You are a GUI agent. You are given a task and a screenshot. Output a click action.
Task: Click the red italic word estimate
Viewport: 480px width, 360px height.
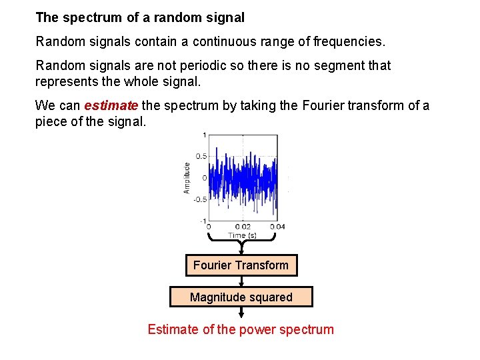111,105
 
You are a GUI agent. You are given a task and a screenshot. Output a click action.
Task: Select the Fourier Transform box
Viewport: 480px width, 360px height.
241,265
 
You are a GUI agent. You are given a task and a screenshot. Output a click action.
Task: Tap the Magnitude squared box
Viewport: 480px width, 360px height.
241,297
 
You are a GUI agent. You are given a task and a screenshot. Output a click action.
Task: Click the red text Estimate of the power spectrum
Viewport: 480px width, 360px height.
241,329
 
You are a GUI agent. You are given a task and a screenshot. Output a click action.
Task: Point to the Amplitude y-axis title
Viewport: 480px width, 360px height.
187,178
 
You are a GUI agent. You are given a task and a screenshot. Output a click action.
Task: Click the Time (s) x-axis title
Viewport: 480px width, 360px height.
241,235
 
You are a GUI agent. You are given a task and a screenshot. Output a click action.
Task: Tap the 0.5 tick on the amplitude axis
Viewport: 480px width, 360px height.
200,157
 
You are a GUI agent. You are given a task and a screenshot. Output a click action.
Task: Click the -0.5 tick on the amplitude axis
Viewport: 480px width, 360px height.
199,199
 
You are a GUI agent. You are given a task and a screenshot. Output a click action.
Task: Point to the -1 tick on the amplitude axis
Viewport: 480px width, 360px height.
202,221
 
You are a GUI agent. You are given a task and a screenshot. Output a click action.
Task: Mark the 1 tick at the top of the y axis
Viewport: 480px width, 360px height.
204,135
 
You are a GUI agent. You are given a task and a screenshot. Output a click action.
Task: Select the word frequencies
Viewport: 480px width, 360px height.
349,42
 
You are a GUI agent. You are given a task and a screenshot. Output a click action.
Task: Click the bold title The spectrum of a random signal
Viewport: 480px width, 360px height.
140,17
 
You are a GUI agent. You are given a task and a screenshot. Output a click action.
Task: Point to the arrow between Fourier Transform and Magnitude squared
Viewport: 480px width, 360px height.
241,281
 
